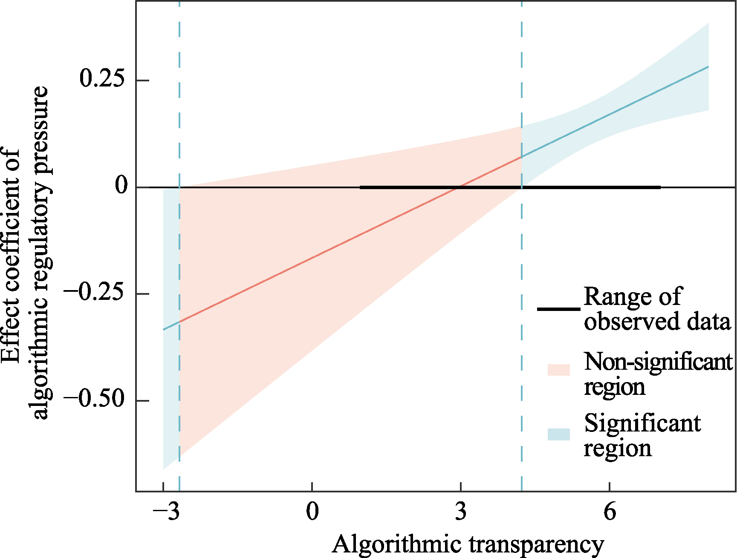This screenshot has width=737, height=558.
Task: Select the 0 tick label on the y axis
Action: [121, 186]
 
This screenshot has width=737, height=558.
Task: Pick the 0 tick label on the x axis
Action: [312, 511]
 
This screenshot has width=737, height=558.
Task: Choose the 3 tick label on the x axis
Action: [461, 511]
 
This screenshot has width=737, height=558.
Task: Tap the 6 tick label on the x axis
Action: [610, 511]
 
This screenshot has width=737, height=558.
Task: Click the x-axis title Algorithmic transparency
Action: [468, 544]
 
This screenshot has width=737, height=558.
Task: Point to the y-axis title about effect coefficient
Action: [25, 253]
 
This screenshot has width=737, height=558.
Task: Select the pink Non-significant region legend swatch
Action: [558, 370]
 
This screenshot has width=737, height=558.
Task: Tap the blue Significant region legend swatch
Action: [558, 434]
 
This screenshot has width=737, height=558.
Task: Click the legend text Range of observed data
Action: [656, 309]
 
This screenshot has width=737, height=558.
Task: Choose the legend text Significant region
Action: [642, 435]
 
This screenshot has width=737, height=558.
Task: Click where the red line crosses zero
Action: [457, 187]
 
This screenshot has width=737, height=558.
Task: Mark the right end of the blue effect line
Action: [708, 67]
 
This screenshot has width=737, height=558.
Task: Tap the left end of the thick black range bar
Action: [361, 187]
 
